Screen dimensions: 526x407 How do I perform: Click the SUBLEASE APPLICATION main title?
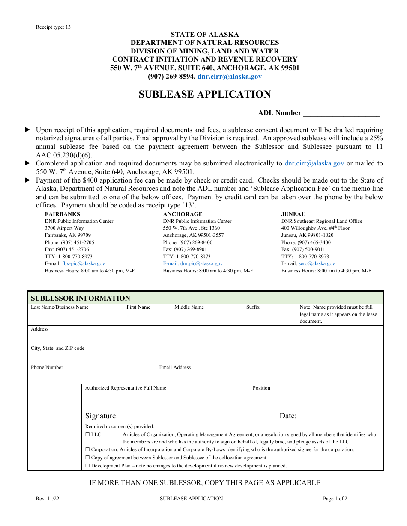point(205,95)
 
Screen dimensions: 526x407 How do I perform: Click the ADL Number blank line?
point(341,114)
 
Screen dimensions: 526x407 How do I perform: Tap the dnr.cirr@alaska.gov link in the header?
point(229,77)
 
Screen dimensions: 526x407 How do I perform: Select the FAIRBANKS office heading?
point(63,214)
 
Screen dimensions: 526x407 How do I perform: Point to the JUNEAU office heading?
point(293,214)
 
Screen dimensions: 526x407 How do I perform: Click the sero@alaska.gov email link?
point(317,264)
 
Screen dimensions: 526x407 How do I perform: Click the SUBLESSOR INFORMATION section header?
point(81,298)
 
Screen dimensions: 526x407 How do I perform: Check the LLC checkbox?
point(87,434)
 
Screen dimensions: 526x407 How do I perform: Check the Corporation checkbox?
point(87,449)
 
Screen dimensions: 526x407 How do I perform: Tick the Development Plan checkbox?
point(87,466)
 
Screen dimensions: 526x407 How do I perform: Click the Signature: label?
point(102,416)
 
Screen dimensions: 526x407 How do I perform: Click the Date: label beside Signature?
point(288,416)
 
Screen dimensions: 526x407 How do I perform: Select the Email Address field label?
point(175,367)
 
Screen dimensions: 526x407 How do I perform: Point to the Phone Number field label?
point(47,367)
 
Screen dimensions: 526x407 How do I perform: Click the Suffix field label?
point(253,307)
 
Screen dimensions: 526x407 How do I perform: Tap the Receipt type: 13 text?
point(54,27)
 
